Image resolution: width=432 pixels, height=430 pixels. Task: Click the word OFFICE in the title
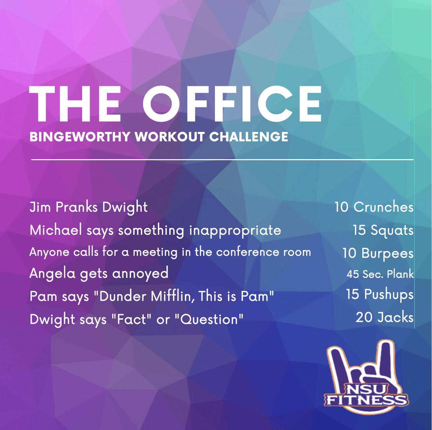(x=232, y=104)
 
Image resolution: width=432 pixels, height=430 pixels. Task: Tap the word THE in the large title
(x=75, y=104)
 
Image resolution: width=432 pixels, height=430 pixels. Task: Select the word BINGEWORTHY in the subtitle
(x=80, y=136)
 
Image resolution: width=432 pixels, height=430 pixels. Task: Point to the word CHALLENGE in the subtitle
(x=249, y=136)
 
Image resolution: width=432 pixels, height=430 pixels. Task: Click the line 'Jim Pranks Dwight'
(x=89, y=207)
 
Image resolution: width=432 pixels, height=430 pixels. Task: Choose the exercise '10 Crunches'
(x=374, y=207)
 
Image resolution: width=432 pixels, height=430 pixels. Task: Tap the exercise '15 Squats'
(x=383, y=230)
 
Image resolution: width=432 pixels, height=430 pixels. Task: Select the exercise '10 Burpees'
(x=378, y=253)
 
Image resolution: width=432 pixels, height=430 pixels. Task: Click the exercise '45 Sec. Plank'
(x=380, y=274)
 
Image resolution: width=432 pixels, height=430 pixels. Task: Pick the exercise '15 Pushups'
(x=380, y=294)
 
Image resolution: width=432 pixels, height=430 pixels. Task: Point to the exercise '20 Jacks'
(x=385, y=317)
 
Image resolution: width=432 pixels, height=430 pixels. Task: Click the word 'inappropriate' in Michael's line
(x=235, y=231)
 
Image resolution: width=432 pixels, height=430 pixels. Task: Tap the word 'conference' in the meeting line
(x=248, y=252)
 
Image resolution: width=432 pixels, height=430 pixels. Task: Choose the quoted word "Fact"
(x=131, y=319)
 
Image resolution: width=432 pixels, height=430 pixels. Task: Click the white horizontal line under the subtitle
(x=222, y=160)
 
